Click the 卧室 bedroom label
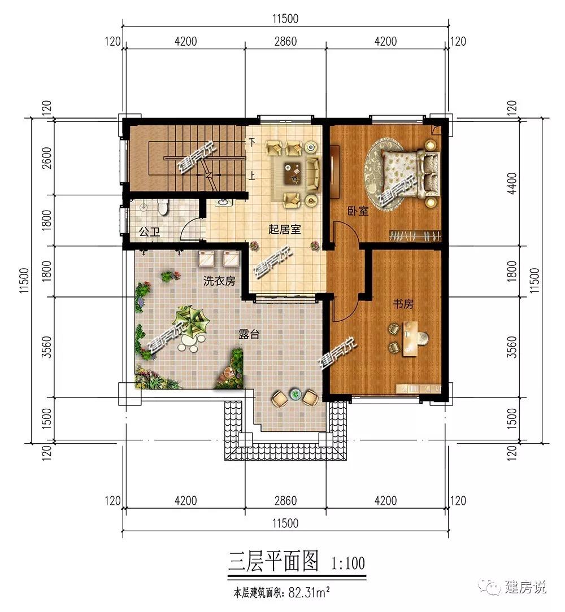[x=358, y=211]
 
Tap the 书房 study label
[x=403, y=303]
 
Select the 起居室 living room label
[x=284, y=229]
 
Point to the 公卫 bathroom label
[x=150, y=232]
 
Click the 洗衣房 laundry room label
[x=219, y=281]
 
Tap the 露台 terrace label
[x=249, y=334]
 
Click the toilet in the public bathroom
[x=163, y=206]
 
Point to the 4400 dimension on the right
[x=512, y=183]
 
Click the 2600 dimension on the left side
[x=46, y=158]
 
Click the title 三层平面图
[x=273, y=562]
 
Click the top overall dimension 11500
[x=286, y=18]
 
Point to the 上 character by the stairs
[x=253, y=176]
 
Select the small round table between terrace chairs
[x=294, y=395]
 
